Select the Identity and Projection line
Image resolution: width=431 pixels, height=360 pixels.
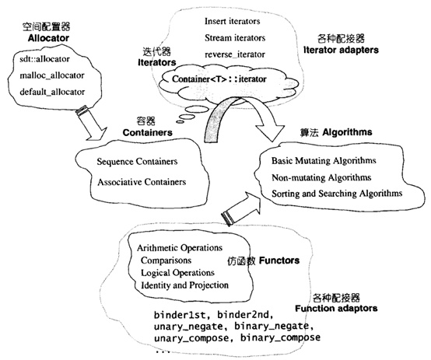click(184, 285)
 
